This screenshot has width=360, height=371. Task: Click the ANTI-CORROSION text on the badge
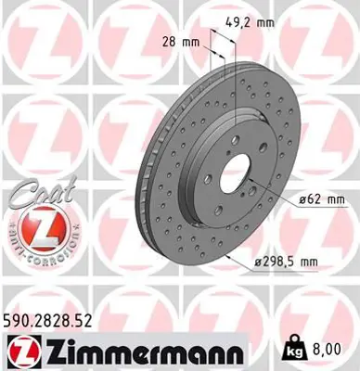[x=35, y=249]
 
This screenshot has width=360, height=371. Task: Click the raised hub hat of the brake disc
[x=223, y=172]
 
